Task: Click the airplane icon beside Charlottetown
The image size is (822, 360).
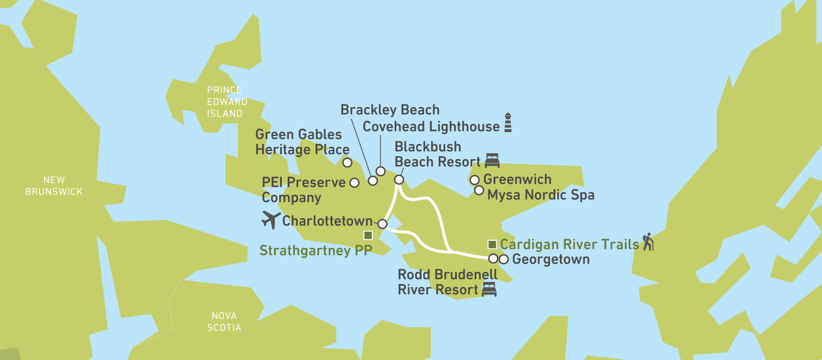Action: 271,219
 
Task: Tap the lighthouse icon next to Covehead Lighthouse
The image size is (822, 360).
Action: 508,123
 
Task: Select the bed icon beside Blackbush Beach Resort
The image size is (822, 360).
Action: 492,161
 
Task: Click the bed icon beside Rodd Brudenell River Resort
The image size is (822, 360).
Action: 489,289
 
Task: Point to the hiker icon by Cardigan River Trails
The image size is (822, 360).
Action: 648,242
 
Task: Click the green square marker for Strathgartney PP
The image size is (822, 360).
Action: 368,235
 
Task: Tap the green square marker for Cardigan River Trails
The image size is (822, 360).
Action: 492,244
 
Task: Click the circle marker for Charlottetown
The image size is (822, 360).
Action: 382,224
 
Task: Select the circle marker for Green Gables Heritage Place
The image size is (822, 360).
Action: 347,162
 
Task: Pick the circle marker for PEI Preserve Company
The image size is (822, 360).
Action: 354,183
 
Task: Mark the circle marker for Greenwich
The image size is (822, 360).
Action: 474,180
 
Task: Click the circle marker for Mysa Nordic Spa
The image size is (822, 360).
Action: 479,190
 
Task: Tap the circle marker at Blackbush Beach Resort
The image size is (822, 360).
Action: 399,180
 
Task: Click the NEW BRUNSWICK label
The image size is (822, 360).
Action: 54,186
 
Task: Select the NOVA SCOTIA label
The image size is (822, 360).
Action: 224,322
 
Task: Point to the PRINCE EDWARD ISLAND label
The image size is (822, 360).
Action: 226,102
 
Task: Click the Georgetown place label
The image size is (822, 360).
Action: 551,259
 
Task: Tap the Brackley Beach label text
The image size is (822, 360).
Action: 390,110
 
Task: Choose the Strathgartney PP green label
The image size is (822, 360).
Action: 315,250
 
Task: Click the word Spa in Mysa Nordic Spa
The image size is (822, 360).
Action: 583,195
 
